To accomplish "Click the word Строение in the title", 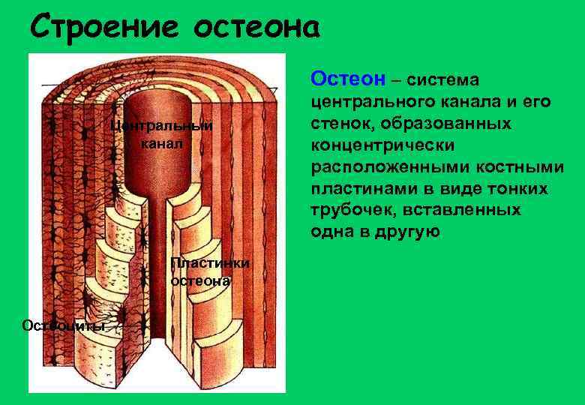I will [x=104, y=28].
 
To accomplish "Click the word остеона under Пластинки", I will [x=201, y=280].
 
